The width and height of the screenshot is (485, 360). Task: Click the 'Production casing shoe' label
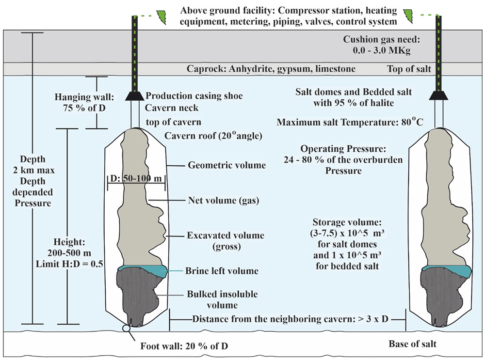194,96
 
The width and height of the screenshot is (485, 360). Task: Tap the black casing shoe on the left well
134,96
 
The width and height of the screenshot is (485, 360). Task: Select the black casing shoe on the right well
438,95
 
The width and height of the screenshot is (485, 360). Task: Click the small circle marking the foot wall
126,328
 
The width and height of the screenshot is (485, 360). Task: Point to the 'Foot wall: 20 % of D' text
184,346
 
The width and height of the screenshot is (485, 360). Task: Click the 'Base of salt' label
412,344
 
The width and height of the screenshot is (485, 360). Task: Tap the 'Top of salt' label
409,69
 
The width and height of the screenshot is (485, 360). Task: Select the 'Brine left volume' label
222,271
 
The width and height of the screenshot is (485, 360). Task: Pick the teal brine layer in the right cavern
447,269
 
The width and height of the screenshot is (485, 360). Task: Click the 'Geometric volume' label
226,165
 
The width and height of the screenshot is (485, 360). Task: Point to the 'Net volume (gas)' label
223,201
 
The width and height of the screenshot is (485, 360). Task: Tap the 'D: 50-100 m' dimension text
136,178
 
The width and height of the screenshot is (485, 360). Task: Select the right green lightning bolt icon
409,16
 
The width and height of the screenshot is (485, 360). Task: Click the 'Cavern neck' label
172,108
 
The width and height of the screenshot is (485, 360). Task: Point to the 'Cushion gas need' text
382,39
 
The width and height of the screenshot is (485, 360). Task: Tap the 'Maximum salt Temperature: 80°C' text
350,122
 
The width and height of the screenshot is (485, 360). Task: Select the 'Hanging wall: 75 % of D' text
84,103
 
